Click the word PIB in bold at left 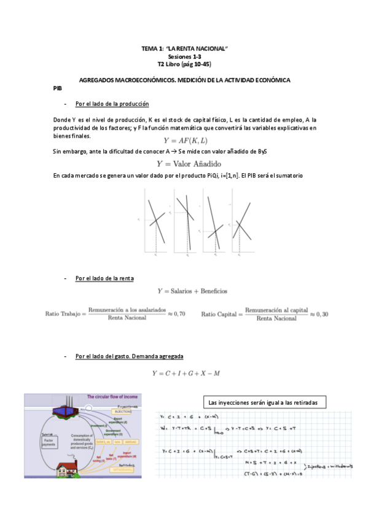click(x=58, y=88)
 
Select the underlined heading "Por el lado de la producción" click(x=112, y=104)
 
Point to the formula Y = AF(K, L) click(x=185, y=141)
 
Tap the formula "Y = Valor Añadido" click(x=185, y=164)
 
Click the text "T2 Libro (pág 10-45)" click(x=184, y=64)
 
